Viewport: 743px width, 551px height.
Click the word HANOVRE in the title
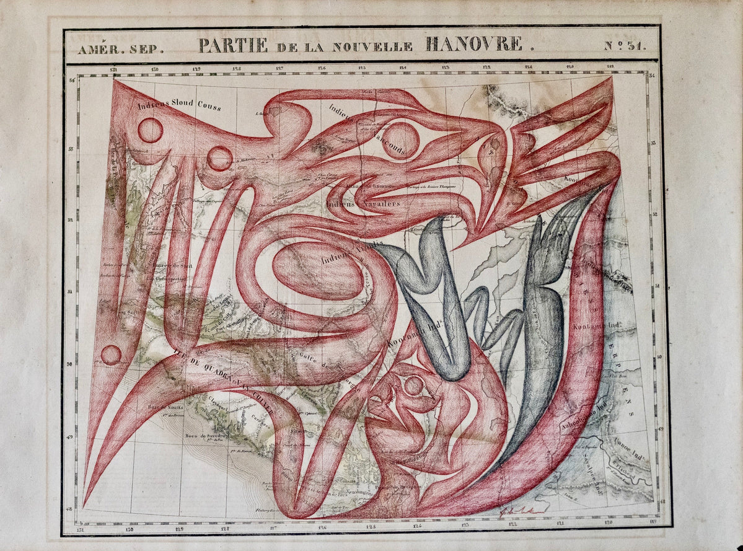point(473,45)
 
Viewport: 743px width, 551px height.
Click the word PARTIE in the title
point(232,45)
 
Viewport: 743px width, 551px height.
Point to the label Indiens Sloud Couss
point(179,105)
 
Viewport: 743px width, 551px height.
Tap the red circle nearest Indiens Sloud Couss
point(150,130)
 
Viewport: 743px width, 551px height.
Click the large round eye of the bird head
point(400,140)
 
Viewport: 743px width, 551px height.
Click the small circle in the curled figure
point(413,386)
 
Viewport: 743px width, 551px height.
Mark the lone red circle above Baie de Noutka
point(111,355)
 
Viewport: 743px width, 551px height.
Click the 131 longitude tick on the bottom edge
point(79,529)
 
